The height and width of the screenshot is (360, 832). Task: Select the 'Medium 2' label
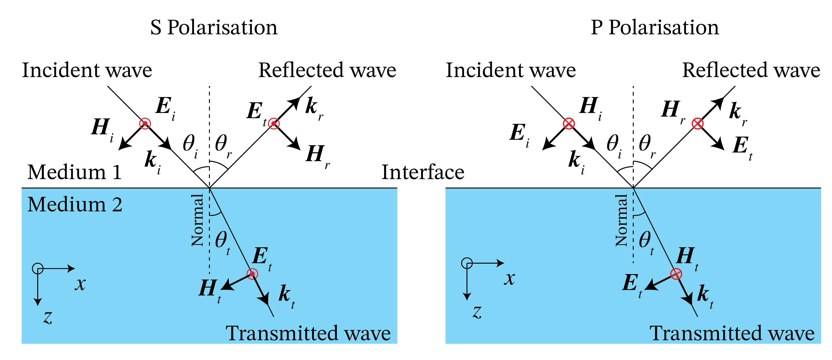click(75, 205)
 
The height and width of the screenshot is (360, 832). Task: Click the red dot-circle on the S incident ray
click(145, 123)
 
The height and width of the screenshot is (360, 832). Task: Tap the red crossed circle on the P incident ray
click(569, 123)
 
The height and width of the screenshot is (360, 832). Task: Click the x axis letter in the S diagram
click(80, 284)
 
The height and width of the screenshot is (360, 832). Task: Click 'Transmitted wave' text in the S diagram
click(308, 333)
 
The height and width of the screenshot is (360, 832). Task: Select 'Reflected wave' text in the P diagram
click(751, 70)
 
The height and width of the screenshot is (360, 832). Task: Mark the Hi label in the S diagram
click(102, 129)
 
